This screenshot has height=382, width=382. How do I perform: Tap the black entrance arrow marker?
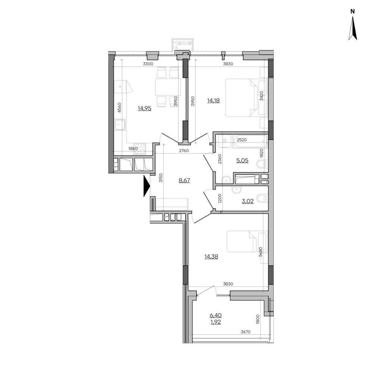click(x=147, y=186)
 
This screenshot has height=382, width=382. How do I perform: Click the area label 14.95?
click(x=144, y=109)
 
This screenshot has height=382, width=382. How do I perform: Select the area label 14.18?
click(x=213, y=100)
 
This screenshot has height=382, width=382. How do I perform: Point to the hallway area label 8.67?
click(x=184, y=181)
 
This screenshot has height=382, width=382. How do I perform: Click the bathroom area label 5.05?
click(x=242, y=160)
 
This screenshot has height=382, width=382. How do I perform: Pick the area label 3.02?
click(x=248, y=201)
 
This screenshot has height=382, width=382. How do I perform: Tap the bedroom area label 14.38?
click(x=211, y=257)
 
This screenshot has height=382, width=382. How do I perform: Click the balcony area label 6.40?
click(x=216, y=316)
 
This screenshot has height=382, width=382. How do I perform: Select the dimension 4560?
click(x=119, y=108)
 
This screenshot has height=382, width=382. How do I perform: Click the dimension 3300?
click(x=148, y=64)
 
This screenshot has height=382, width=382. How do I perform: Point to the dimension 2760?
click(x=184, y=151)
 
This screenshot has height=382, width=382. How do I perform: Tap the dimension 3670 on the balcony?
click(x=245, y=332)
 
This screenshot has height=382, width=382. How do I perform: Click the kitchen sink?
click(x=120, y=126)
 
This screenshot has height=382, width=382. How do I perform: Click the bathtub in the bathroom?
click(x=250, y=141)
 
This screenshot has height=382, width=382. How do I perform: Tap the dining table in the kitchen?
click(x=168, y=87)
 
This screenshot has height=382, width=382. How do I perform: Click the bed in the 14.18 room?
click(x=241, y=97)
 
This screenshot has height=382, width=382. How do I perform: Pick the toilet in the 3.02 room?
click(x=263, y=199)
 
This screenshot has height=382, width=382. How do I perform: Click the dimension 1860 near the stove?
click(x=133, y=148)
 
